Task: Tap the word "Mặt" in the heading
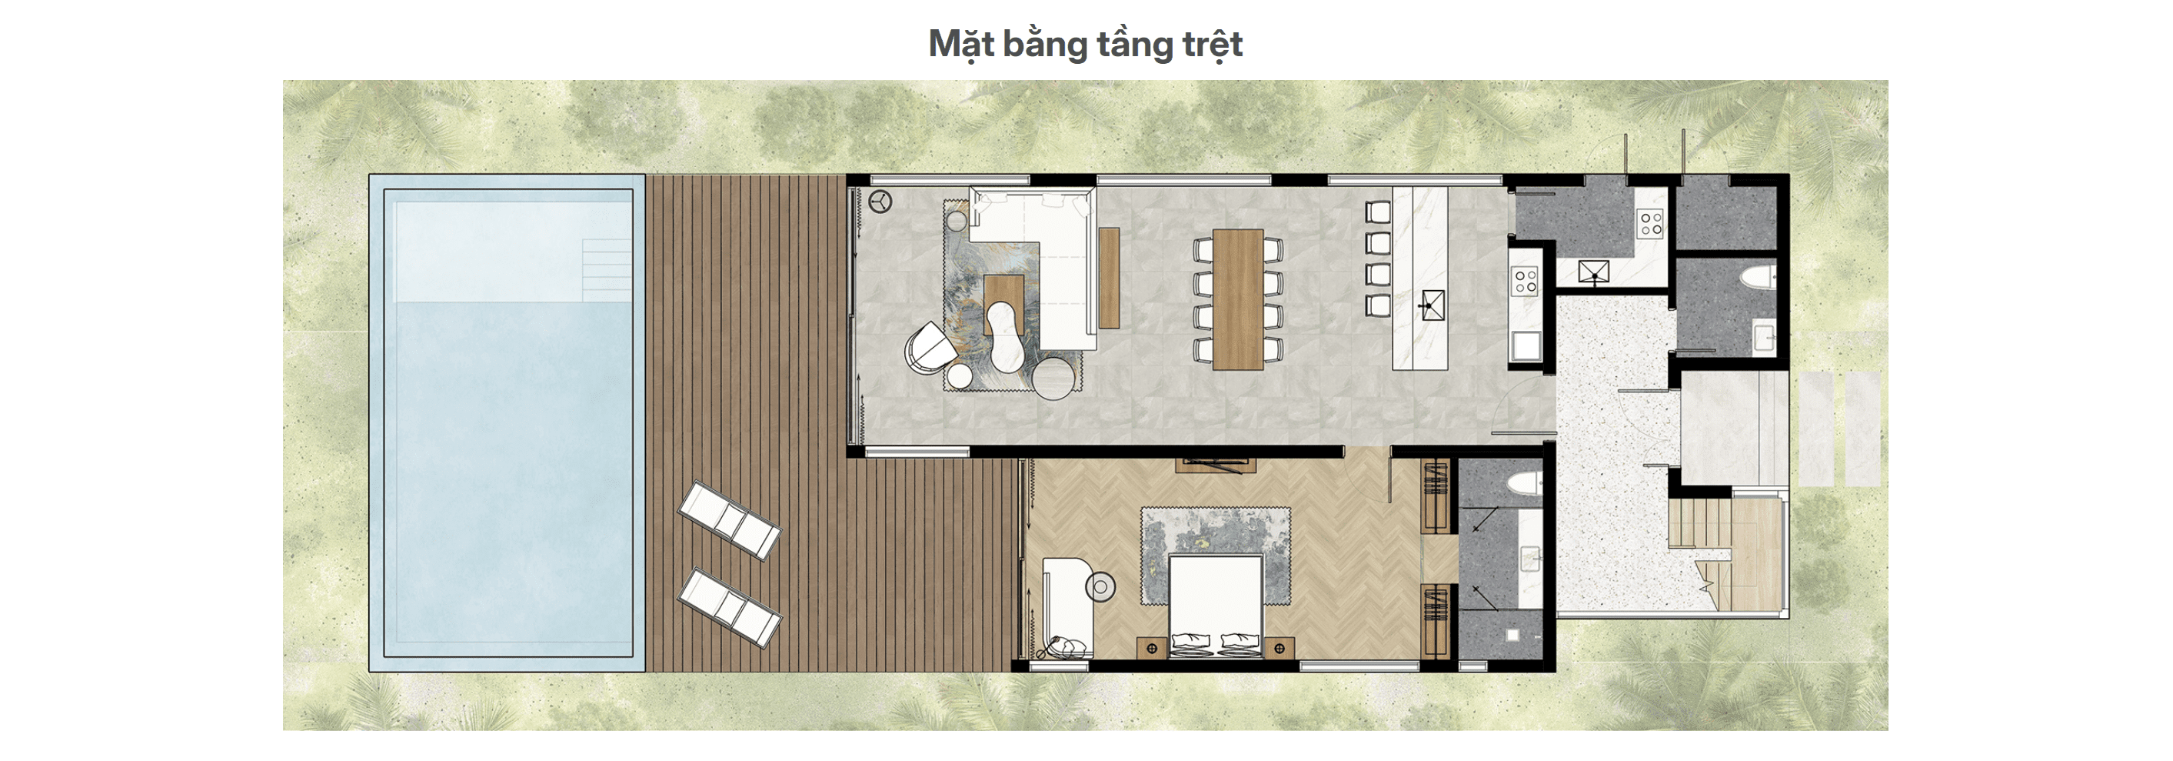[961, 45]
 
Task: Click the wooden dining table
[1237, 299]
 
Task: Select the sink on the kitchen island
[1431, 304]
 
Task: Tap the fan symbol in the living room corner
[880, 202]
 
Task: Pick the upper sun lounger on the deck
[730, 521]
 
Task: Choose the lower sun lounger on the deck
[730, 607]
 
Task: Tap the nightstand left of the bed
[1151, 648]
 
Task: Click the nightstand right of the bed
[1280, 648]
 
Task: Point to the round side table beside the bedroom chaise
[1100, 586]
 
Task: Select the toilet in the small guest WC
[1759, 278]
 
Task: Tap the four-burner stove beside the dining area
[1525, 281]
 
